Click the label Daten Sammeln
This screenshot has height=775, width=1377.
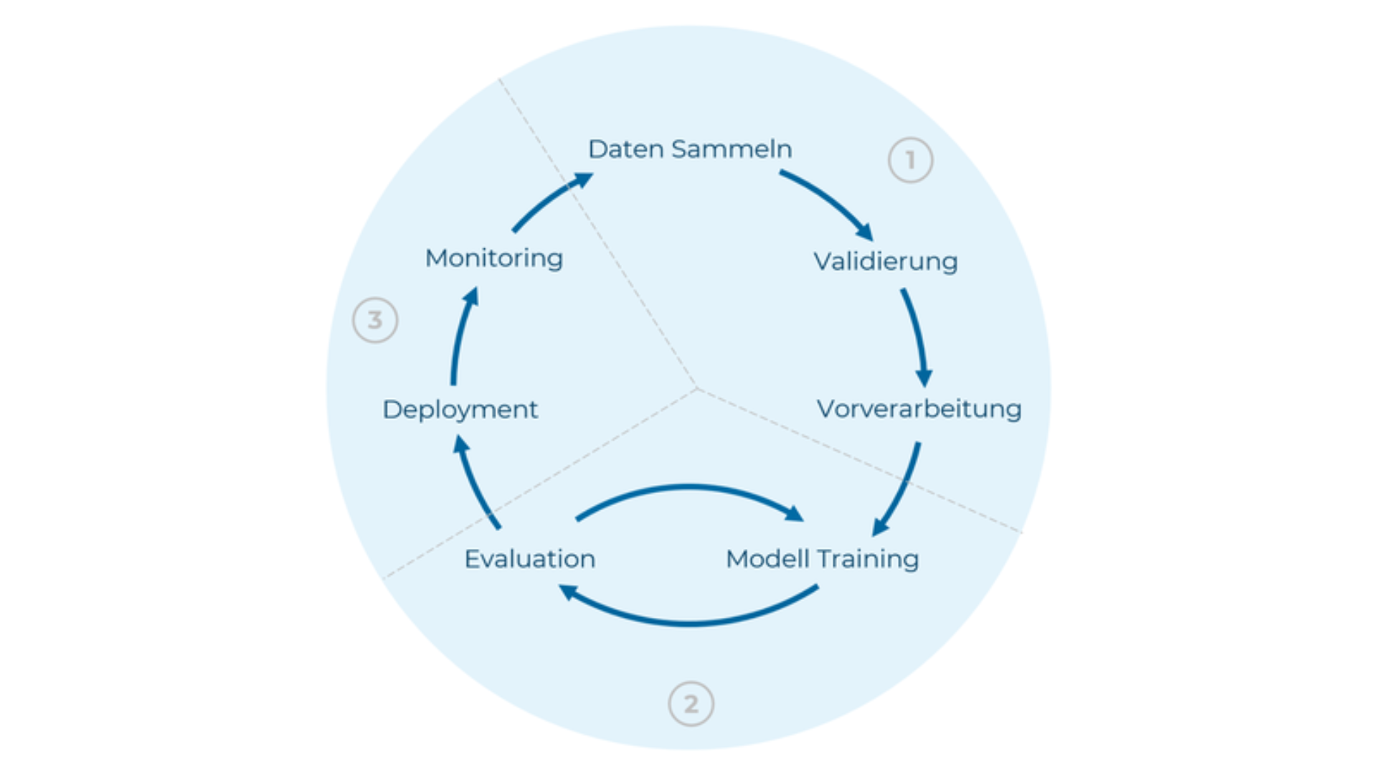pyautogui.click(x=690, y=149)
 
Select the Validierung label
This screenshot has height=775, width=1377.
pyautogui.click(x=885, y=261)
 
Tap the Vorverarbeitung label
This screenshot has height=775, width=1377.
pyautogui.click(x=919, y=409)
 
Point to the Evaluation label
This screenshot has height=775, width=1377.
pyautogui.click(x=529, y=559)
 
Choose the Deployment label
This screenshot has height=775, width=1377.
pyautogui.click(x=460, y=410)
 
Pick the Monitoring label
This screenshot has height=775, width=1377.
pyautogui.click(x=493, y=258)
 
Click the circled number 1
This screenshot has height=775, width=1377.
pyautogui.click(x=910, y=160)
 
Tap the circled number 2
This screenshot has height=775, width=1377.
pyautogui.click(x=691, y=704)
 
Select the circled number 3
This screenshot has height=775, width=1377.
pyautogui.click(x=375, y=320)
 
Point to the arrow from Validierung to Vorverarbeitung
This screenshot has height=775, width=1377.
pyautogui.click(x=916, y=334)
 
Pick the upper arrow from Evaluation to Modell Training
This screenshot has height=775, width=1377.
pyautogui.click(x=688, y=489)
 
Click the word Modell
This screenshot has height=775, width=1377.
pyautogui.click(x=767, y=559)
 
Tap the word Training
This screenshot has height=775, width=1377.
pyautogui.click(x=868, y=559)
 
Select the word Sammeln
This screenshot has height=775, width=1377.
pyautogui.click(x=732, y=149)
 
